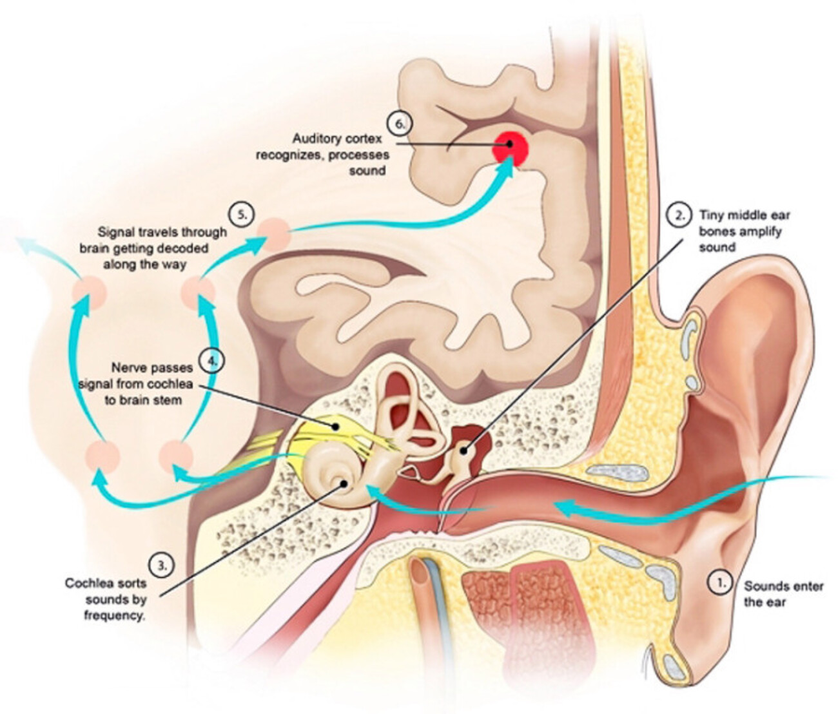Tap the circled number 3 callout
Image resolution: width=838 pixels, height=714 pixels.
(162, 566)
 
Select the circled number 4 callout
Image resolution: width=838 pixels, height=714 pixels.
(211, 361)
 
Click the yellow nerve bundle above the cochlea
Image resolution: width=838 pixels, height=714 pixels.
(335, 427)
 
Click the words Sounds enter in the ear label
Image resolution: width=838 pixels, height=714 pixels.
(783, 586)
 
